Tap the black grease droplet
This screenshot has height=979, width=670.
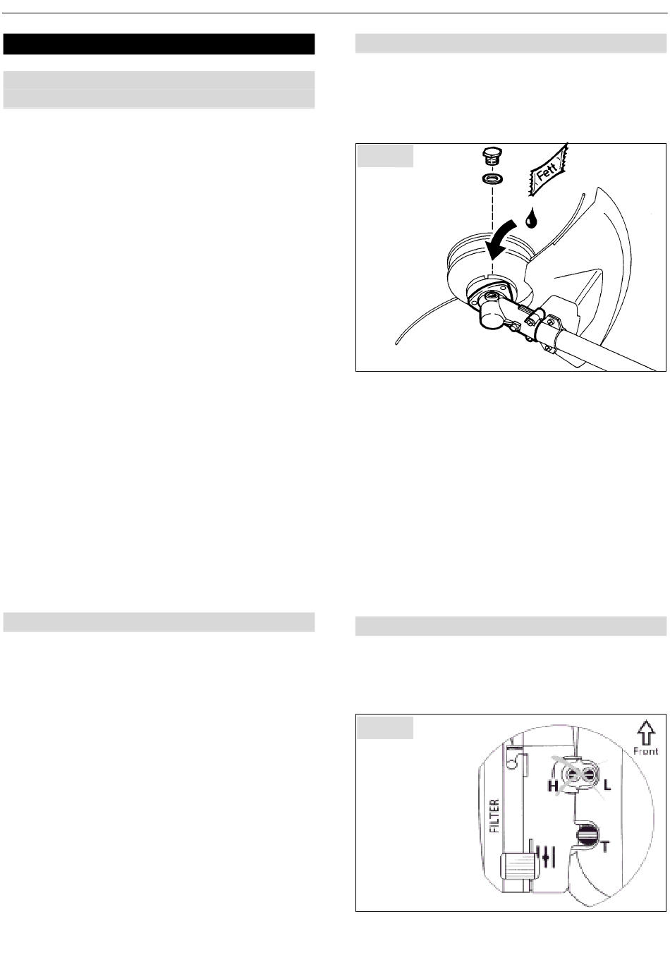pos(531,218)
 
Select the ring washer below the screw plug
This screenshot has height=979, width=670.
pos(492,178)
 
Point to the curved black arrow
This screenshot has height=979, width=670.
pos(504,242)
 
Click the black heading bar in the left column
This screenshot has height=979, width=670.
pos(159,44)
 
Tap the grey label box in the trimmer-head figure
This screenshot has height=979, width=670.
pos(385,156)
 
